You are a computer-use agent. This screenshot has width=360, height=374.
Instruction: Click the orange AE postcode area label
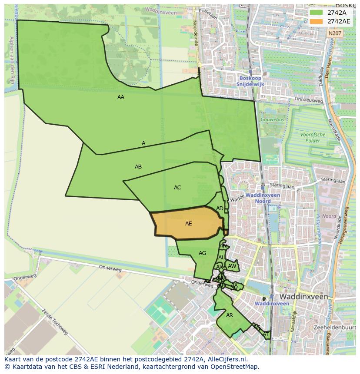(x=188, y=224)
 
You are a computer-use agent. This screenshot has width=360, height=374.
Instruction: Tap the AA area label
(x=121, y=97)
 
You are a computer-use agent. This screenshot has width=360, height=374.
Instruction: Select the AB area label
(x=138, y=167)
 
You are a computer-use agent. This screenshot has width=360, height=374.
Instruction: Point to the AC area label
(x=177, y=188)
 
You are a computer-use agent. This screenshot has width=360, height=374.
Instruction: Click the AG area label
(x=202, y=253)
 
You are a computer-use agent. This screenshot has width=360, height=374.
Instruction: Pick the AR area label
(x=230, y=315)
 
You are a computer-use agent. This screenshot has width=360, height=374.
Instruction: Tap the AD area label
(x=220, y=209)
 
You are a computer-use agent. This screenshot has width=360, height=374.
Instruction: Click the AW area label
(x=232, y=266)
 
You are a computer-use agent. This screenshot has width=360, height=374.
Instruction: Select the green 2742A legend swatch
(x=316, y=13)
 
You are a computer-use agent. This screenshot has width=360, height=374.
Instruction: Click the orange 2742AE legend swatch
(x=316, y=21)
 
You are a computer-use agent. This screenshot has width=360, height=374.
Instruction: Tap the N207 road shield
(x=335, y=33)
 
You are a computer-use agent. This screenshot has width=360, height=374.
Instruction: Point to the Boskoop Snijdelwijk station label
(x=250, y=81)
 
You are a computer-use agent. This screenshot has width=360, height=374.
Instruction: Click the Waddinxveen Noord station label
(x=263, y=198)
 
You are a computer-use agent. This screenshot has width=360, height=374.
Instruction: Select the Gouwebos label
(x=272, y=119)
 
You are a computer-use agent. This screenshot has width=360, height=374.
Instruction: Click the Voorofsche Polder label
(x=313, y=138)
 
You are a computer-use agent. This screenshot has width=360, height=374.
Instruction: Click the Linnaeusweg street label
(x=309, y=100)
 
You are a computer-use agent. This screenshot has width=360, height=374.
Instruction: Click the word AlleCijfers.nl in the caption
(x=227, y=359)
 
